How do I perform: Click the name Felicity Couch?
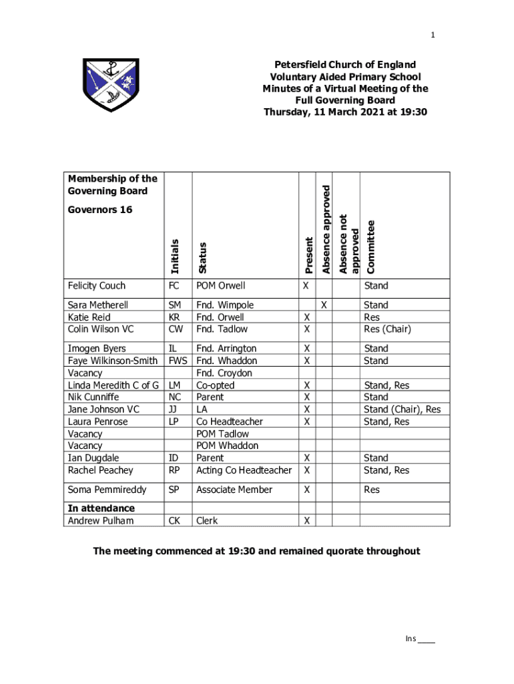click(x=97, y=286)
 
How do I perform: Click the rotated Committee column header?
click(x=370, y=246)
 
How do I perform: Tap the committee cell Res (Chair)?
click(x=387, y=329)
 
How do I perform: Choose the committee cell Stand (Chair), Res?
click(x=402, y=409)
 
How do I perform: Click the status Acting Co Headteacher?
click(x=244, y=470)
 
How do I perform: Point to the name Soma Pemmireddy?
click(x=107, y=490)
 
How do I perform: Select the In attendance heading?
click(x=101, y=508)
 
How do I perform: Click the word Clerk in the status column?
click(x=207, y=521)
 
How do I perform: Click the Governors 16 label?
click(x=100, y=210)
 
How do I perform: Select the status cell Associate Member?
click(x=234, y=490)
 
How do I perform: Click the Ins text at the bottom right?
click(x=411, y=639)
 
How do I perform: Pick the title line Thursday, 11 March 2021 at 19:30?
click(x=345, y=112)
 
